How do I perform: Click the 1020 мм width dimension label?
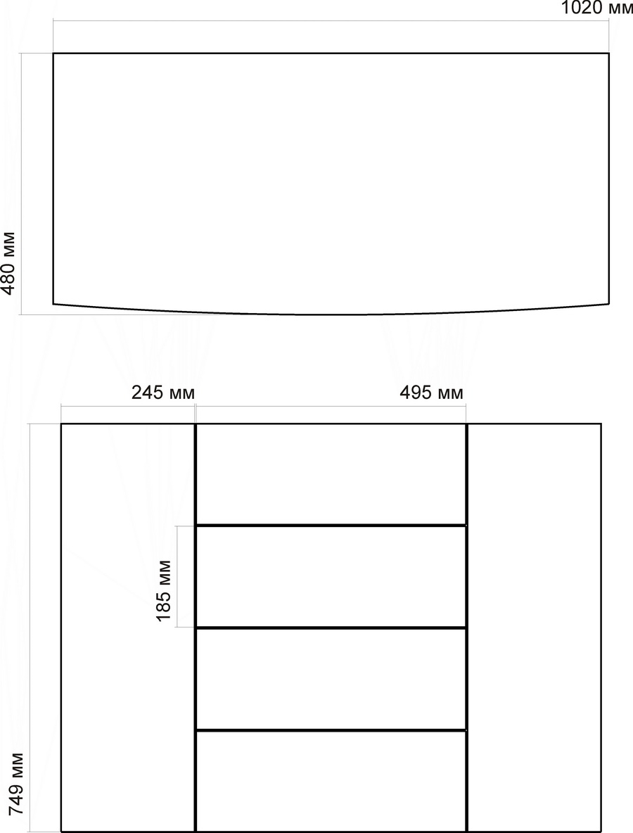click(597, 8)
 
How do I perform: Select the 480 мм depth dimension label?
click(8, 263)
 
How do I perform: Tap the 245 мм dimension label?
click(163, 393)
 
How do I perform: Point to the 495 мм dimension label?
click(431, 393)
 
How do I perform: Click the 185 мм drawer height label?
click(164, 590)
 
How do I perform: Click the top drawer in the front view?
click(331, 474)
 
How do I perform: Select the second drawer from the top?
click(331, 577)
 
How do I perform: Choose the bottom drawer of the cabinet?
click(331, 780)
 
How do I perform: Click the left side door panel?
click(128, 627)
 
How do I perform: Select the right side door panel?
click(535, 627)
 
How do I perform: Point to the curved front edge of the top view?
click(331, 314)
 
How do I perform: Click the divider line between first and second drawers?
click(331, 526)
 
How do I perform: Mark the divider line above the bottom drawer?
click(331, 731)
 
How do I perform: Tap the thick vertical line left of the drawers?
click(196, 627)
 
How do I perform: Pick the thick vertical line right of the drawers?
click(467, 627)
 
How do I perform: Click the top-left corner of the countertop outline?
click(53, 53)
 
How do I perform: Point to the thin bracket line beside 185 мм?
click(177, 576)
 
